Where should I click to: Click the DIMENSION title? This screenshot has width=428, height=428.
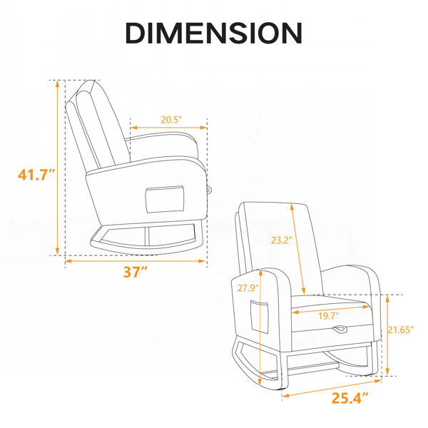pyautogui.click(x=214, y=34)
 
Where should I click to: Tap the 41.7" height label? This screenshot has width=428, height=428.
pyautogui.click(x=36, y=175)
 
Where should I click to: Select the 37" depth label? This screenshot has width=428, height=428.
pyautogui.click(x=136, y=272)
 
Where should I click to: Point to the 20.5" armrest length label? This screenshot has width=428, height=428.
pyautogui.click(x=171, y=120)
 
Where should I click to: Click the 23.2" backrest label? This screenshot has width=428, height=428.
pyautogui.click(x=282, y=240)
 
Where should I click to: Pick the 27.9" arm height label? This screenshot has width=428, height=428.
pyautogui.click(x=248, y=287)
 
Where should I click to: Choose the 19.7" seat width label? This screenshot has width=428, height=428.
pyautogui.click(x=329, y=316)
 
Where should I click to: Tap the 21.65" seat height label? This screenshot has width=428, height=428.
pyautogui.click(x=401, y=330)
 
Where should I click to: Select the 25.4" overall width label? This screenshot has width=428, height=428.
pyautogui.click(x=350, y=398)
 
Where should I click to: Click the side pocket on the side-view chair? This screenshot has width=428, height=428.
pyautogui.click(x=165, y=200)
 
